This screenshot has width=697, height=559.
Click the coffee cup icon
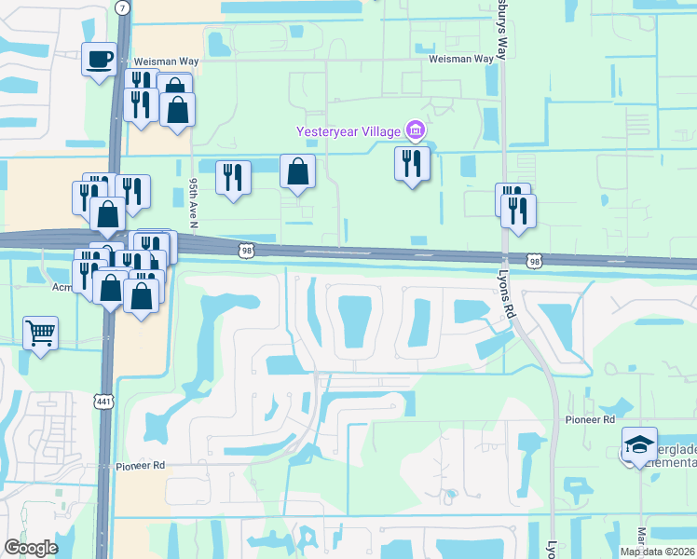point(99,60)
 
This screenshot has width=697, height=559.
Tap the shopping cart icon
point(40,332)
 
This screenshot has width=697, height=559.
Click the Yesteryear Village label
point(348,130)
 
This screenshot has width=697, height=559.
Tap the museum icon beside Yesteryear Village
point(417,129)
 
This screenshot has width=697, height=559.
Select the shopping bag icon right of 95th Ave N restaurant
point(297,171)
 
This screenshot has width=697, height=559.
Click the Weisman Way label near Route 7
point(165,59)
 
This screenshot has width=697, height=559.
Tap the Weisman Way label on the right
point(460,59)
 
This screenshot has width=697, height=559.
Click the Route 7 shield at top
point(124,7)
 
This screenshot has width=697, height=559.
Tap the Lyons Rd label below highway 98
point(508,299)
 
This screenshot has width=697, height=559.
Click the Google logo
point(31,548)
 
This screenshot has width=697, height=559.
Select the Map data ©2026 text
point(656,552)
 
